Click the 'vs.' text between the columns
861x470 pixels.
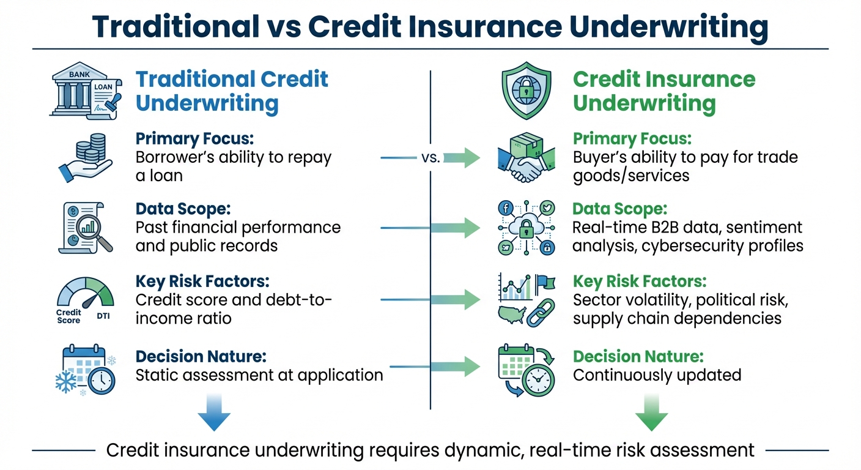tap(430, 158)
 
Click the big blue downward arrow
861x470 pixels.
tap(214, 413)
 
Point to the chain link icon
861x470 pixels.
tap(541, 312)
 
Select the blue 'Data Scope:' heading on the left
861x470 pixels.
tap(183, 209)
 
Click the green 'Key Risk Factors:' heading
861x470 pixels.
tap(640, 282)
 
